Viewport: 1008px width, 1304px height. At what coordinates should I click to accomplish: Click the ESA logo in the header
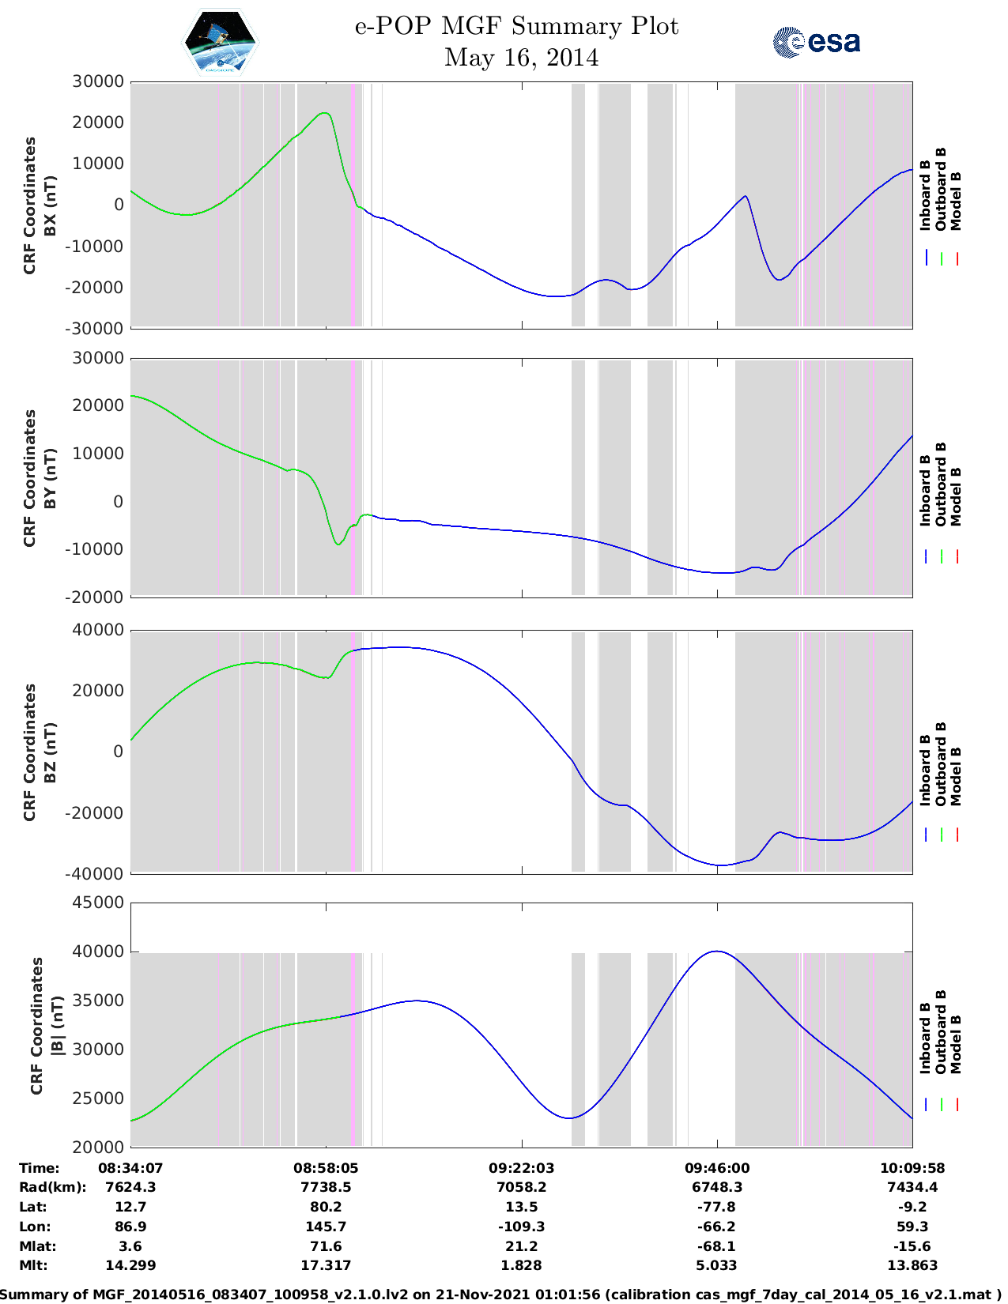pos(817,42)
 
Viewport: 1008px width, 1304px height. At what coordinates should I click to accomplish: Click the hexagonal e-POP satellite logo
pos(221,42)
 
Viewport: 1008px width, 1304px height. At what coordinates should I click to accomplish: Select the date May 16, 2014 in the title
pos(521,58)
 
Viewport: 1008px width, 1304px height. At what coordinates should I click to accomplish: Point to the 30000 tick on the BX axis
pos(98,81)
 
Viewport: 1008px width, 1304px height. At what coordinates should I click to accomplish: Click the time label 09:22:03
pos(521,1167)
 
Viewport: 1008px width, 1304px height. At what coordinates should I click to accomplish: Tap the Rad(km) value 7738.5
pos(326,1187)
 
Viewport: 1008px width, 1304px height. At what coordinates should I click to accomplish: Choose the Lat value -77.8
pos(717,1207)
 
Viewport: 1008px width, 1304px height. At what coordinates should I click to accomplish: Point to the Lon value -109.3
pos(521,1227)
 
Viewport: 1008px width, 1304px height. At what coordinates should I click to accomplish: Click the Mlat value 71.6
pos(326,1246)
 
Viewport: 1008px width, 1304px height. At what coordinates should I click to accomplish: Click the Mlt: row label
pos(32,1265)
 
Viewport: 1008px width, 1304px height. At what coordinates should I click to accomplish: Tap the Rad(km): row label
pos(52,1187)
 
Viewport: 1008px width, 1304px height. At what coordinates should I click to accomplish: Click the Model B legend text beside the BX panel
pos(956,201)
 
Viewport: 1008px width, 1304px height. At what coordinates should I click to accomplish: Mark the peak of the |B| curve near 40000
pos(716,952)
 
